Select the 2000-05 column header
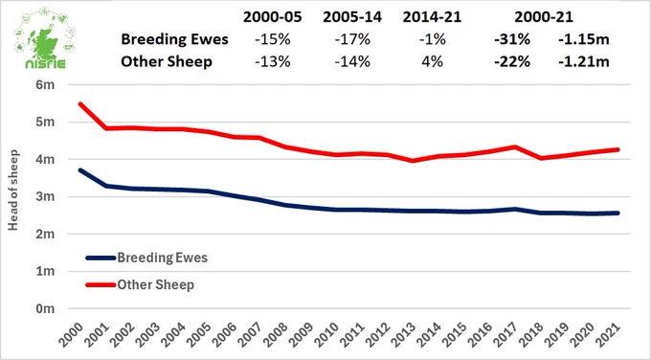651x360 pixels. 272,17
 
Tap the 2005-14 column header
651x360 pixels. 352,17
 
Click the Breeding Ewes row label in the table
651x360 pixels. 174,39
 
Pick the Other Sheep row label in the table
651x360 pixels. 167,61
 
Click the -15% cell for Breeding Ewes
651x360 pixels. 272,39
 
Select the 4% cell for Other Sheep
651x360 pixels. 432,61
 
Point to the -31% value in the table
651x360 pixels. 512,39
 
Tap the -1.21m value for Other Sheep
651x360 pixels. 584,61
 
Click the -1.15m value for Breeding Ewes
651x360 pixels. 584,39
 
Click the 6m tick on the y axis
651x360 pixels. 45,84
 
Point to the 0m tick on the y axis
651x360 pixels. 45,308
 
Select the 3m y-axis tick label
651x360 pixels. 45,196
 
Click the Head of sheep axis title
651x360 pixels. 12,191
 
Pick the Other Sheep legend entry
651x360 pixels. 140,285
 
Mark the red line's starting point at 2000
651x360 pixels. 79,103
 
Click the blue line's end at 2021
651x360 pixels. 618,213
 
